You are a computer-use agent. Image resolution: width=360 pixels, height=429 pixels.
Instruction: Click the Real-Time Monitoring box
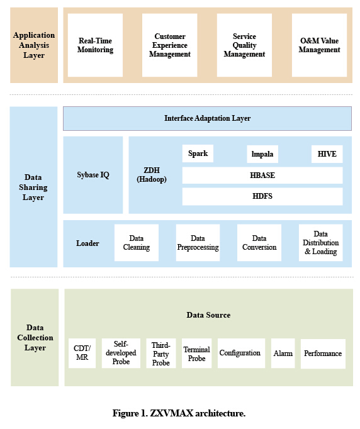coord(95,45)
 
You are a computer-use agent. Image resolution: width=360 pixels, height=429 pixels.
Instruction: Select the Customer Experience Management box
coord(170,45)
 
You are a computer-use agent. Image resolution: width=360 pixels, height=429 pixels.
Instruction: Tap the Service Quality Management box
coord(244,45)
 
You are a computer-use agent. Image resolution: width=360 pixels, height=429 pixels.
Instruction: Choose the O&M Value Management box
coord(319,45)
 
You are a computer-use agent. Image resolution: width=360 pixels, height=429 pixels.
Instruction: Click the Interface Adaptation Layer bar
coord(207,118)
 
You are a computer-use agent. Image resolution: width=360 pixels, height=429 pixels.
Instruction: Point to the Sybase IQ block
coord(93,175)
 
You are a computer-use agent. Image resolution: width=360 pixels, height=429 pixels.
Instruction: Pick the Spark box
coord(198,153)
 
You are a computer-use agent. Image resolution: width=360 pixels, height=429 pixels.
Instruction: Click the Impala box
coord(262,154)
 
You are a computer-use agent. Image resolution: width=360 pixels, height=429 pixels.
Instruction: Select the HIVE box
coord(327,154)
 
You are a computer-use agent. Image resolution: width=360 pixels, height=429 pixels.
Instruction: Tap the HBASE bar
coord(262,175)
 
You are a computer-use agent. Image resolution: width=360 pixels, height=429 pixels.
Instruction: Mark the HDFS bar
coord(262,196)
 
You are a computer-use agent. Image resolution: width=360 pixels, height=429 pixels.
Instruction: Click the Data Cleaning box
coord(137,243)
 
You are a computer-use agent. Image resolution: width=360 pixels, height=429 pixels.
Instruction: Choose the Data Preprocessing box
coord(198,243)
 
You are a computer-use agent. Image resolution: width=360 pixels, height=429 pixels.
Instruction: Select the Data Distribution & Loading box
coord(320,243)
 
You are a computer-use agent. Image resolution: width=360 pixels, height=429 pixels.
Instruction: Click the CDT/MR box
coord(82,353)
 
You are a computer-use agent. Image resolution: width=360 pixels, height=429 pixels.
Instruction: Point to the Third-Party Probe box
coord(161,354)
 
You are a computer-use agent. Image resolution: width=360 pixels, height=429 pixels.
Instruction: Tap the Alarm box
coord(283,354)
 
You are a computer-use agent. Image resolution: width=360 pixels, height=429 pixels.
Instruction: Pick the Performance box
coord(323,354)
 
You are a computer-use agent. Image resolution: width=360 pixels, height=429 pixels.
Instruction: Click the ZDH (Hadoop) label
coord(152,175)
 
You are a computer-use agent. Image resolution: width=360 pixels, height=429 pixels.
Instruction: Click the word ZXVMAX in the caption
coord(172,413)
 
